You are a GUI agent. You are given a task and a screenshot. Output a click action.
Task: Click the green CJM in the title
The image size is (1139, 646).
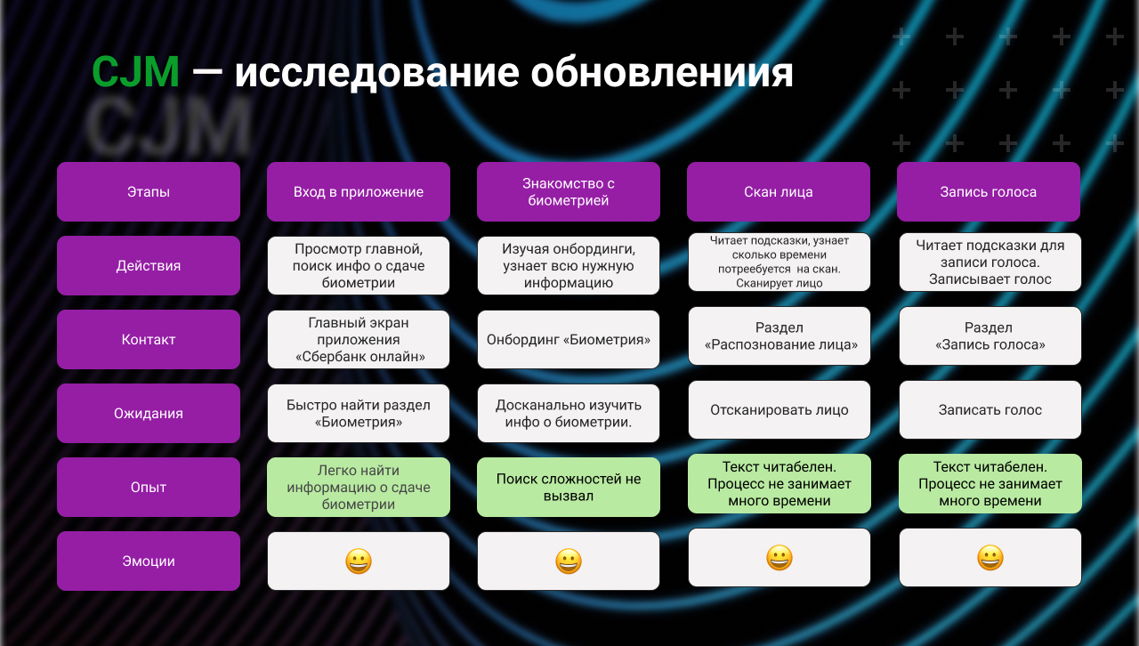(x=135, y=72)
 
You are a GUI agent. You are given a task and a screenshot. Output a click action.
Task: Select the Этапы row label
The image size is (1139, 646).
(x=149, y=191)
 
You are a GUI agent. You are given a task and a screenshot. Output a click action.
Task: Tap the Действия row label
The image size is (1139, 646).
(x=149, y=265)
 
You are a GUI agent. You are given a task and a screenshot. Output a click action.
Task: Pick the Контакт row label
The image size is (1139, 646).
(x=149, y=339)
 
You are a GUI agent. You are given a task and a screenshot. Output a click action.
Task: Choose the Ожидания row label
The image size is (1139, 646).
(x=149, y=413)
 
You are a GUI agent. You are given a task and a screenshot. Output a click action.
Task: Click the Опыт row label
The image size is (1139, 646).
(x=149, y=487)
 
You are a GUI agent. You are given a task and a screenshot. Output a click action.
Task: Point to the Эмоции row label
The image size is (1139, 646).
(x=149, y=561)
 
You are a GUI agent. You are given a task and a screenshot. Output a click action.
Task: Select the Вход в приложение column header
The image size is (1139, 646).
(x=359, y=191)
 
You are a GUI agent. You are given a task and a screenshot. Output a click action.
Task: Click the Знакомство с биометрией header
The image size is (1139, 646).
(x=569, y=191)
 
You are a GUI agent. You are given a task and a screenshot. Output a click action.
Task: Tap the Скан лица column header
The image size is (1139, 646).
(x=779, y=191)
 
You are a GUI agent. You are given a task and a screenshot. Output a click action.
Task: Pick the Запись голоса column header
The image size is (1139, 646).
(x=989, y=191)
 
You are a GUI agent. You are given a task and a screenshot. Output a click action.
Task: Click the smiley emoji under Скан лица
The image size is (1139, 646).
(x=780, y=558)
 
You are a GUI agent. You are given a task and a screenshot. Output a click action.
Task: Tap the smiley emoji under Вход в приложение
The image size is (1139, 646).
(x=359, y=561)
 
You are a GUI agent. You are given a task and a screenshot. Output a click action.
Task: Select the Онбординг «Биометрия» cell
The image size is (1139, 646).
(x=569, y=339)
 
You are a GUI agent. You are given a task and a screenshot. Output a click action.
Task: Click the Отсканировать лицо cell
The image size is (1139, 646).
(x=780, y=410)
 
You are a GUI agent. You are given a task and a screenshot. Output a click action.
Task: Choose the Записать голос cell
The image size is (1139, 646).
(x=990, y=410)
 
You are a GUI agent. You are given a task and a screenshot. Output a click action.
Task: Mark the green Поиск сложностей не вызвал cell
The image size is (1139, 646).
(x=569, y=487)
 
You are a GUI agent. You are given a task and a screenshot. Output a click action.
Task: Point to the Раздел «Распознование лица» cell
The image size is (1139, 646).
(x=780, y=336)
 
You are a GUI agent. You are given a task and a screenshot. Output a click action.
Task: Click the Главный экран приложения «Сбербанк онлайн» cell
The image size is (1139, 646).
(x=359, y=339)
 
